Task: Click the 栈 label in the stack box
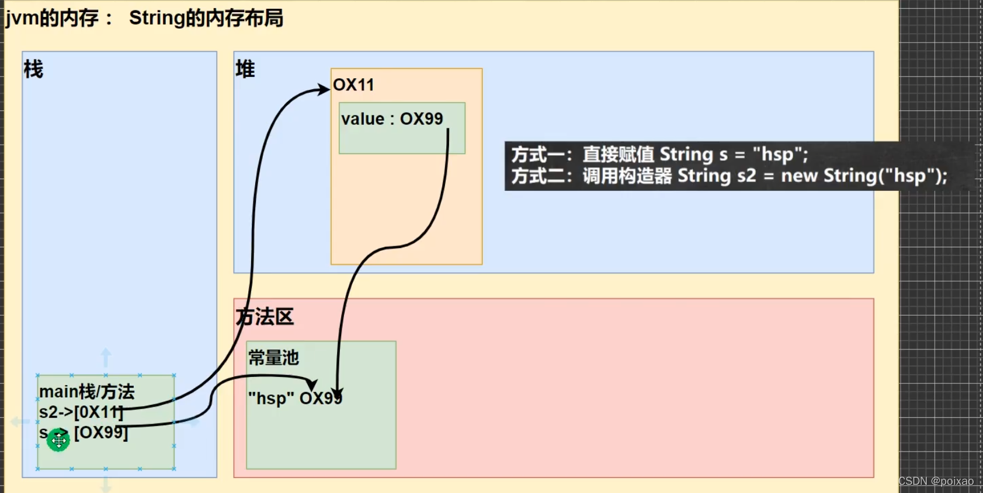(33, 69)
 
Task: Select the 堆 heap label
(245, 69)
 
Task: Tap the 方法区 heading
(265, 317)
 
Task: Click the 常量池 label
(273, 357)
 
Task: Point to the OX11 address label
(353, 85)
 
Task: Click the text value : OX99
(392, 119)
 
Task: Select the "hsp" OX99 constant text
(295, 398)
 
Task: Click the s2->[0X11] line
(81, 412)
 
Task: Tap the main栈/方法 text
(86, 391)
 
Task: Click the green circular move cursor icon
(58, 440)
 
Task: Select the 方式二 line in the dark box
(729, 176)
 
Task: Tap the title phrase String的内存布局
(206, 18)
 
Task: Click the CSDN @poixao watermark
(936, 481)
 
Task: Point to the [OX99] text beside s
(101, 432)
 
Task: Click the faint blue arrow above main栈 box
(106, 356)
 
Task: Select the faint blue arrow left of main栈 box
(20, 421)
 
